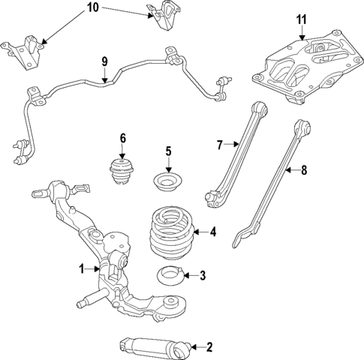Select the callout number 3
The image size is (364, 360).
coord(201,276)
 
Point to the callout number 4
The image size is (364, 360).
coord(213,232)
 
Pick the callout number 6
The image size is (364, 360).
coord(122,137)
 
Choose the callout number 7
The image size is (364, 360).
coord(220,145)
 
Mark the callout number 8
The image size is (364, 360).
coord(304,171)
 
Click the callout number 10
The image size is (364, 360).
coord(92,8)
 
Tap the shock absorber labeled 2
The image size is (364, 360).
coord(149,346)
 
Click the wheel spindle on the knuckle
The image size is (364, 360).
coord(87,302)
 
